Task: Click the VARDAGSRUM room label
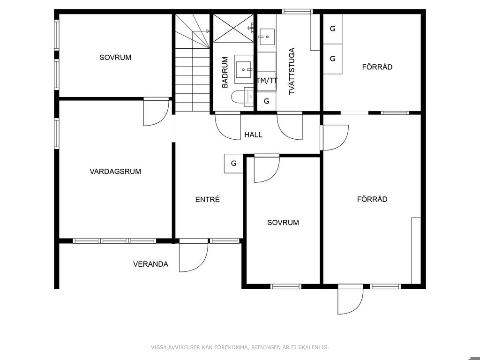pyautogui.click(x=115, y=172)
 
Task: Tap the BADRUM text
pyautogui.click(x=225, y=73)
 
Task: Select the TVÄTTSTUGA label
pyautogui.click(x=292, y=71)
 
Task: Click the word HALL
pyautogui.click(x=253, y=135)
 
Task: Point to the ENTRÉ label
pyautogui.click(x=208, y=200)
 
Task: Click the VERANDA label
pyautogui.click(x=150, y=264)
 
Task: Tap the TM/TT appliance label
pyautogui.click(x=267, y=81)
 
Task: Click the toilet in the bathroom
pyautogui.click(x=242, y=97)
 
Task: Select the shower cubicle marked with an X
pyautogui.click(x=233, y=28)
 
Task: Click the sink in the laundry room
pyautogui.click(x=267, y=37)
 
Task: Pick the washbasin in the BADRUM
pyautogui.click(x=244, y=69)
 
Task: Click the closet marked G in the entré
pyautogui.click(x=233, y=164)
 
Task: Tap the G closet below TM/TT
pyautogui.click(x=267, y=101)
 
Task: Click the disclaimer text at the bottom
pyautogui.click(x=240, y=347)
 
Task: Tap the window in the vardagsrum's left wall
pyautogui.click(x=57, y=133)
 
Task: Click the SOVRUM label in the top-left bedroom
pyautogui.click(x=115, y=58)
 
